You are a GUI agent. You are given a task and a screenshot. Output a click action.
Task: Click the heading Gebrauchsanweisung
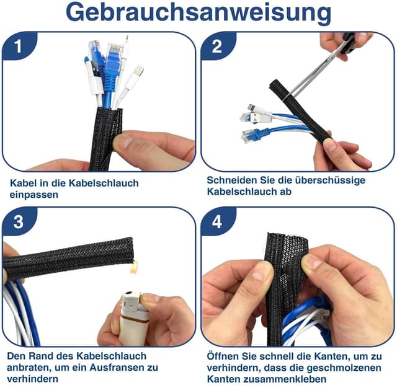pos(198,13)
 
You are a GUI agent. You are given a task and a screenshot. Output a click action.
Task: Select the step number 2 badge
pos(217,46)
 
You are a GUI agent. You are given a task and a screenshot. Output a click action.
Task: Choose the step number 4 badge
pos(217,222)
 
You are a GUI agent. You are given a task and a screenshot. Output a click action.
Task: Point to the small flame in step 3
pos(132,268)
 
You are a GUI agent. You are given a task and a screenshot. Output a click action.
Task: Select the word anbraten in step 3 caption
pos(30,367)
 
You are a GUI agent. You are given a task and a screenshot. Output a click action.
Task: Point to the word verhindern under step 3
pos(32,378)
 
